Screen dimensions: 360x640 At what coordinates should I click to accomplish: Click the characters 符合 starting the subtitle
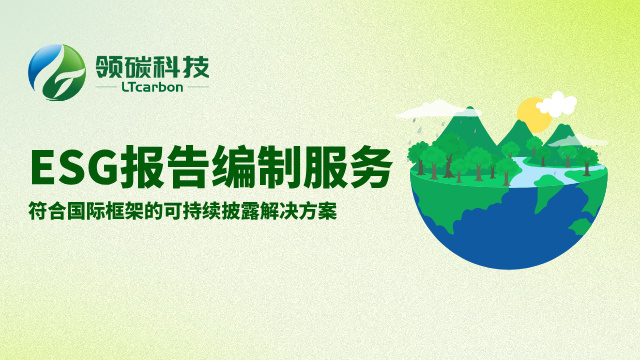pos(45,213)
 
